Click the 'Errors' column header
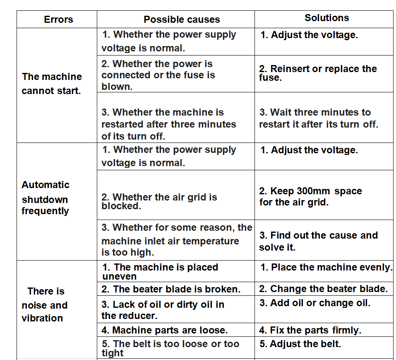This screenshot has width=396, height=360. tap(58, 19)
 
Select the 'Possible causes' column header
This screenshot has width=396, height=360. tap(182, 19)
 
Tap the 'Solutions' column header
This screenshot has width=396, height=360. tap(326, 18)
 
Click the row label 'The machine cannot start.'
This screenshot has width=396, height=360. tap(52, 84)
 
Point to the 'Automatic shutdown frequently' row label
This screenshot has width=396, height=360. tap(46, 198)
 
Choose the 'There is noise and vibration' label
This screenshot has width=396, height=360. tap(45, 305)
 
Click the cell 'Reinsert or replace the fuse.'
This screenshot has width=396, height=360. tap(318, 73)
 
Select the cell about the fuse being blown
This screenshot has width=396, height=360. tap(158, 75)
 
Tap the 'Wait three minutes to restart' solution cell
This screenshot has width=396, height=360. tap(318, 118)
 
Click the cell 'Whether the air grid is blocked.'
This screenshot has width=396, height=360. tap(159, 201)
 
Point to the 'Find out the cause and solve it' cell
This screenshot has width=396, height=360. tap(318, 241)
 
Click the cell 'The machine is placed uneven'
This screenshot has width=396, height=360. tap(160, 271)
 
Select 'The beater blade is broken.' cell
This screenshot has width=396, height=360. tap(170, 289)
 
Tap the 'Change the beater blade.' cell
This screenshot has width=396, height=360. tap(324, 289)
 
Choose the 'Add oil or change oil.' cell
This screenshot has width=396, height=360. tap(315, 303)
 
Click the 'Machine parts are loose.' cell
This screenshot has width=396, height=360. tap(164, 330)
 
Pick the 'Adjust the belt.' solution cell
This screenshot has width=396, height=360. tap(300, 344)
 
